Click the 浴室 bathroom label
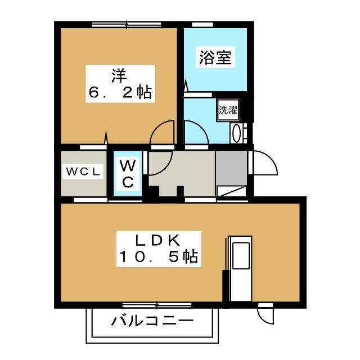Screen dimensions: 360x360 pyautogui.click(x=215, y=57)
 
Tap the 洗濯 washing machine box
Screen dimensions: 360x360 pyautogui.click(x=228, y=110)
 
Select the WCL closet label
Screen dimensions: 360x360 pyautogui.click(x=83, y=171)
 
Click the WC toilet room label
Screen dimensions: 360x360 pyautogui.click(x=128, y=174)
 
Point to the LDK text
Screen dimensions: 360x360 pyautogui.click(x=157, y=241)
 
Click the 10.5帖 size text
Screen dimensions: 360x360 pyautogui.click(x=159, y=256)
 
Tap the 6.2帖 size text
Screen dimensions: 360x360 pyautogui.click(x=120, y=92)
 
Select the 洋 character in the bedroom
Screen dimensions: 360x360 pyautogui.click(x=119, y=75)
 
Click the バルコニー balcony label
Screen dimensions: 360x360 pyautogui.click(x=152, y=321)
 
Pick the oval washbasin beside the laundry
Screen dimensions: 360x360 pyautogui.click(x=236, y=134)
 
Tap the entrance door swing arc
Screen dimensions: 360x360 pyautogui.click(x=271, y=159)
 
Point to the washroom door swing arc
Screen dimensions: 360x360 pyautogui.click(x=202, y=129)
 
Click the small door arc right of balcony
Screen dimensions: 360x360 pyautogui.click(x=262, y=319)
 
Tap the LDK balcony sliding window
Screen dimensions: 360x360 pyautogui.click(x=157, y=305)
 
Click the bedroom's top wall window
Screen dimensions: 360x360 pyautogui.click(x=127, y=24)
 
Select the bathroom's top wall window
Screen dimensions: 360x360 pyautogui.click(x=202, y=25)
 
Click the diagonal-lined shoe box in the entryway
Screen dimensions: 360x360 pyautogui.click(x=231, y=191)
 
